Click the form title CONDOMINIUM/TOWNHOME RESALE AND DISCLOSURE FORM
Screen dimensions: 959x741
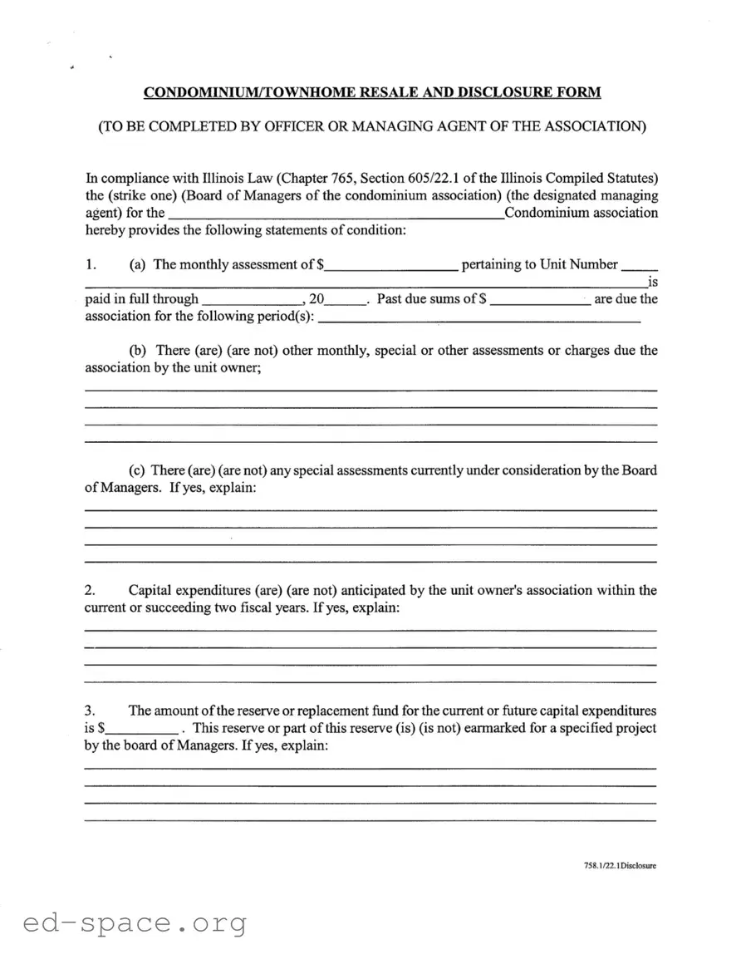click(371, 92)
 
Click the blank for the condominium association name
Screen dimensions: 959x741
click(336, 214)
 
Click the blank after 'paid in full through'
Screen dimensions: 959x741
click(252, 301)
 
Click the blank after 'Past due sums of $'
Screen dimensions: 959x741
click(540, 301)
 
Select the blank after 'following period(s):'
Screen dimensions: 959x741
click(479, 318)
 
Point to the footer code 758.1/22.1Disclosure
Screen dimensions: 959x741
click(620, 866)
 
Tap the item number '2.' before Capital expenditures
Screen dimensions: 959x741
click(91, 591)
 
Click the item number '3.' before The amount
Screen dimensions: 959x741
click(91, 711)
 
